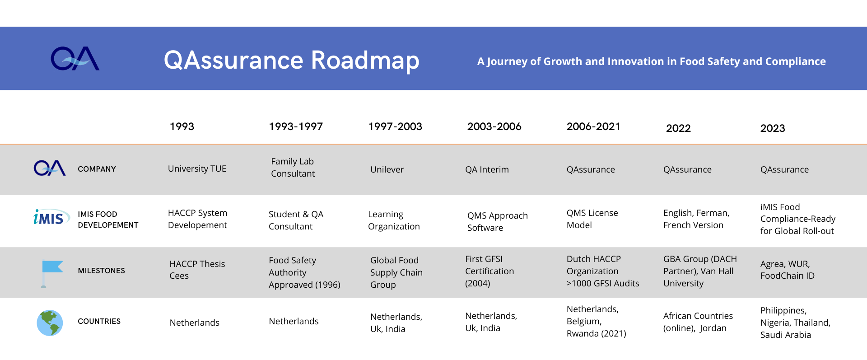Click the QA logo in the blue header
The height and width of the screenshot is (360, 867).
(75, 59)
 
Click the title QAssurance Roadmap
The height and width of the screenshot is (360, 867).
(292, 61)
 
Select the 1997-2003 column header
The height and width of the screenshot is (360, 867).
(395, 126)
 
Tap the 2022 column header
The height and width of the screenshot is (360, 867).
(678, 128)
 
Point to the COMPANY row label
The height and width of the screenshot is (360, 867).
(97, 169)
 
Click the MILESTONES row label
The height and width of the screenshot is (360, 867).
(101, 271)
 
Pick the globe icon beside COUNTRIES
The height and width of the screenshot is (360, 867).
(50, 323)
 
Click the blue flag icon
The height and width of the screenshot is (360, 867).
(51, 274)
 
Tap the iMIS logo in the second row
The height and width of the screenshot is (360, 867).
(51, 217)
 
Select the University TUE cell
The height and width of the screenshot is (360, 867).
(197, 168)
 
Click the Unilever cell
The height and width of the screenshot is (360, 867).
(387, 169)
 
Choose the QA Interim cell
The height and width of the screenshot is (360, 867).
(487, 169)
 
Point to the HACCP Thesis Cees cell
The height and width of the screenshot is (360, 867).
(197, 270)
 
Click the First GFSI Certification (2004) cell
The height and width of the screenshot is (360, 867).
(489, 271)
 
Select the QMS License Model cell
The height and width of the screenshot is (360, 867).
(592, 219)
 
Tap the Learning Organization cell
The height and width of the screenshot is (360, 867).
(394, 220)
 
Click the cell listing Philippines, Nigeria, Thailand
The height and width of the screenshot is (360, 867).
(795, 323)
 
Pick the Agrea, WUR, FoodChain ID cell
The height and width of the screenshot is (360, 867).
(787, 270)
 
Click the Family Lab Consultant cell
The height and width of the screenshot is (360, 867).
(293, 168)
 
